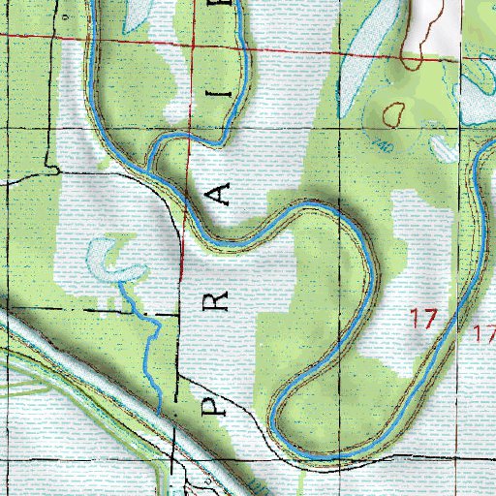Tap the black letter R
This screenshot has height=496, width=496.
point(220,297)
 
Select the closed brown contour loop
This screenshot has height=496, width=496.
point(393,113)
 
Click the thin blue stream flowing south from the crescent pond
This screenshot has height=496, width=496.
point(151,349)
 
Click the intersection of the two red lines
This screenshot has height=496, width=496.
point(191,42)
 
